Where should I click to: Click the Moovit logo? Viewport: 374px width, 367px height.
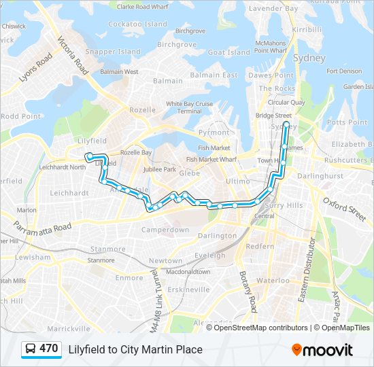tap(322, 350)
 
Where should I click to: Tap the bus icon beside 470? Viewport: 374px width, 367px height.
tap(30, 349)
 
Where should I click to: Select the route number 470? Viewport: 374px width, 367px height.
tap(48, 349)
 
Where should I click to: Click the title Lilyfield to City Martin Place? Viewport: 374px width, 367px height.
tap(135, 349)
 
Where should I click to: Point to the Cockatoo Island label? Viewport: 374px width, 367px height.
tap(137, 24)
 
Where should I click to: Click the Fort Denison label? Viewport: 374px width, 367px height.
tap(343, 71)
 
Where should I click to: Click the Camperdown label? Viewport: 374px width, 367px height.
tap(165, 230)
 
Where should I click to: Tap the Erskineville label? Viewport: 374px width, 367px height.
tap(188, 289)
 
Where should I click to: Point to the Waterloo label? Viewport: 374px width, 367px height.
tap(273, 280)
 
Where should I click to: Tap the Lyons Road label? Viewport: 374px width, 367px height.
tap(35, 67)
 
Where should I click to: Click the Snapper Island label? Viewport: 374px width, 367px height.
tap(113, 52)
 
